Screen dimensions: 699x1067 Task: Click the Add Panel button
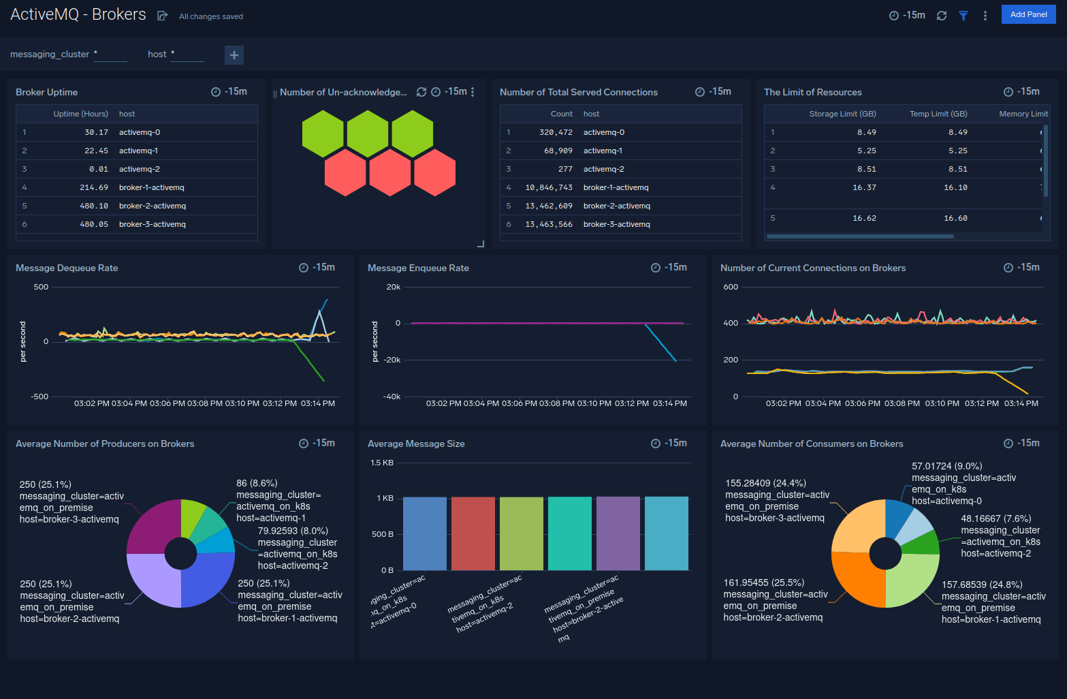tap(1028, 14)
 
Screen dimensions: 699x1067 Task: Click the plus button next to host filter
tap(234, 55)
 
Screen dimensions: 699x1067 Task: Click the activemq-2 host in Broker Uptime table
tap(139, 169)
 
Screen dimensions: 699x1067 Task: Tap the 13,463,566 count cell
tap(548, 224)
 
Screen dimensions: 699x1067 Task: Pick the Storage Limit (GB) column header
tap(842, 114)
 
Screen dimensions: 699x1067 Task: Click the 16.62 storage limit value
tap(864, 218)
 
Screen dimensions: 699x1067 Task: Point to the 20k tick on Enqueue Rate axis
tap(393, 287)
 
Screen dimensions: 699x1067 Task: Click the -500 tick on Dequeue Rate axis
tap(39, 397)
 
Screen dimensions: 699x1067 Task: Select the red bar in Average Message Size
tap(473, 533)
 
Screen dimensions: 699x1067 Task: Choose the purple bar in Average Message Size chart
tap(618, 533)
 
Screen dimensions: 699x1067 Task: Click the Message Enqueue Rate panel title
tap(418, 268)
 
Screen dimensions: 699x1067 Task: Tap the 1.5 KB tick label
tap(381, 463)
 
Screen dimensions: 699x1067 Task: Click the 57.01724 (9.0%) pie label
tap(946, 466)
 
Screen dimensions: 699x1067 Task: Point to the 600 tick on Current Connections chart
tap(730, 287)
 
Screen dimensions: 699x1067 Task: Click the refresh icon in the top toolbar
tap(941, 15)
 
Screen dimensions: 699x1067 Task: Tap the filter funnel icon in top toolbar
tap(963, 15)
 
